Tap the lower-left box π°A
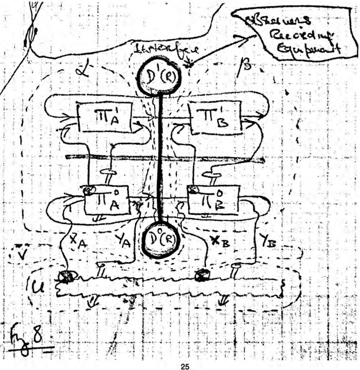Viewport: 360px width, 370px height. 107,199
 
